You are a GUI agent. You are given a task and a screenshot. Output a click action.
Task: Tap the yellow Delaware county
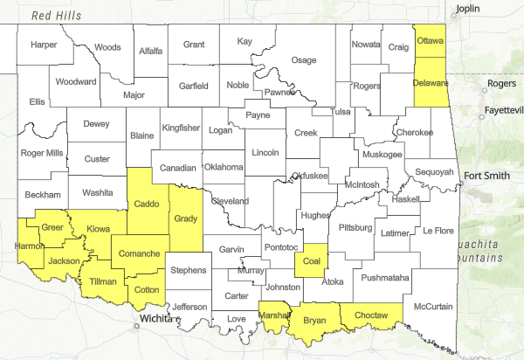pyautogui.click(x=431, y=84)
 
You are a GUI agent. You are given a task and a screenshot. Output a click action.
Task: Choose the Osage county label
pyautogui.click(x=303, y=60)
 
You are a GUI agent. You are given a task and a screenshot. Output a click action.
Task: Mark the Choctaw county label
pyautogui.click(x=372, y=318)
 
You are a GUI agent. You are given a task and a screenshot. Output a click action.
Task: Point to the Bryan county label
pyautogui.click(x=314, y=321)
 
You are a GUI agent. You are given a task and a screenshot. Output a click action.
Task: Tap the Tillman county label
pyautogui.click(x=104, y=282)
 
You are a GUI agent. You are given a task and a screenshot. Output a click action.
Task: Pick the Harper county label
pyautogui.click(x=44, y=45)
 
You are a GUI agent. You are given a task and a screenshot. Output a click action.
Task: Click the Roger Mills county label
pyautogui.click(x=42, y=152)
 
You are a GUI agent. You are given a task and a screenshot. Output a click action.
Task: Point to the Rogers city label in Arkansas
pyautogui.click(x=501, y=83)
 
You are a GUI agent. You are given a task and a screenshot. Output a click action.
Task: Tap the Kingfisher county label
pyautogui.click(x=181, y=128)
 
